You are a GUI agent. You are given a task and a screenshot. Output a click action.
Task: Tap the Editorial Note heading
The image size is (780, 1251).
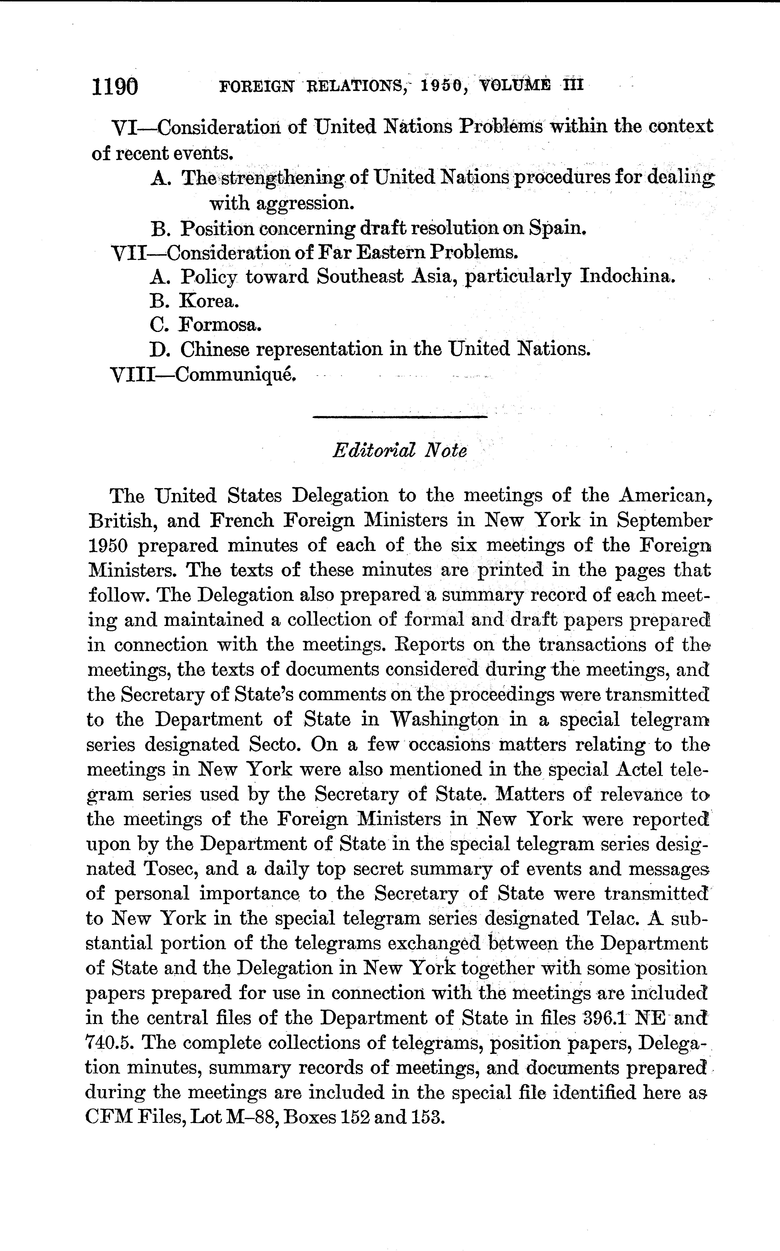[400, 450]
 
